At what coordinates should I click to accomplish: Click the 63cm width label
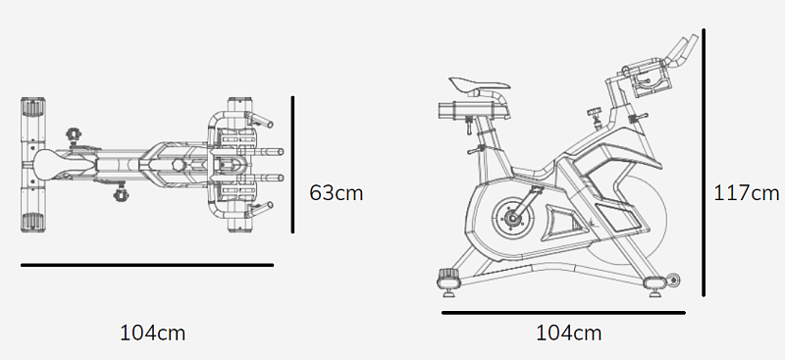pos(336,193)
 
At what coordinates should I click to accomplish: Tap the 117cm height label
pos(747,193)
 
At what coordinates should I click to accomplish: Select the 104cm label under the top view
pos(152,333)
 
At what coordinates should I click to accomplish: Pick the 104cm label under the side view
pos(569,333)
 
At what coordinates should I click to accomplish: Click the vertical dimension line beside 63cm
pos(292,165)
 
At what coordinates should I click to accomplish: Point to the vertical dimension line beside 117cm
pos(704,163)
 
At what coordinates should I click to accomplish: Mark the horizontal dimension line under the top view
pos(147,265)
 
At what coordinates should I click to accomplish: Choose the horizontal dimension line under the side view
pos(563,313)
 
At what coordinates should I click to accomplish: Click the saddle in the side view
pos(479,85)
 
